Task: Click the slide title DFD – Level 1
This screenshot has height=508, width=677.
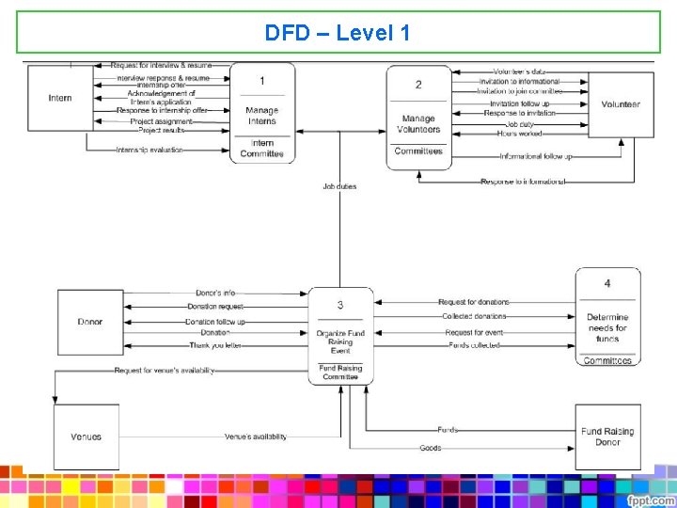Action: coord(338,33)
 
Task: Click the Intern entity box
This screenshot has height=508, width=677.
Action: coord(59,98)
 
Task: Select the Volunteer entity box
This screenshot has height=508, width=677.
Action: coord(621,104)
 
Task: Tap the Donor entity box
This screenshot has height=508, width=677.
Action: coord(90,322)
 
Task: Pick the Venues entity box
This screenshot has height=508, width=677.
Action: coord(86,437)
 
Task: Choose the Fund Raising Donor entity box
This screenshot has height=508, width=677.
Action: coord(607,437)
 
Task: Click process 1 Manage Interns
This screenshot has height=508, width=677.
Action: coord(262,113)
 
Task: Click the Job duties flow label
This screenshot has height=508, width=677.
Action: coord(339,186)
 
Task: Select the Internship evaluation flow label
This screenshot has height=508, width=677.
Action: coord(150,150)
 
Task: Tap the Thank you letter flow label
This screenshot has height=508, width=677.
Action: coord(214,345)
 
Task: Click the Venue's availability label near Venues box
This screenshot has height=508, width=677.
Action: coord(256,437)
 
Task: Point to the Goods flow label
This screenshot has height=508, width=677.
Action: coord(431,448)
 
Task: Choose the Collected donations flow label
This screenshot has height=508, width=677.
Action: coord(475,316)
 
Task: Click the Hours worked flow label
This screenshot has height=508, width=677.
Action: coord(520,134)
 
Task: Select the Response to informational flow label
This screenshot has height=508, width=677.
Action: coord(523,181)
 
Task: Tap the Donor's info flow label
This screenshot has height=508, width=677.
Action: coord(215,294)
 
